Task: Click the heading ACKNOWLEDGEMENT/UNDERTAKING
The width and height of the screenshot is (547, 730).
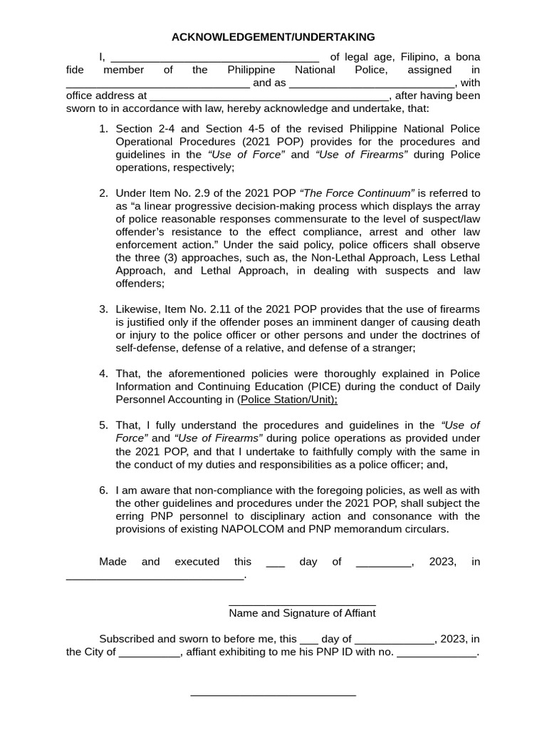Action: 273,37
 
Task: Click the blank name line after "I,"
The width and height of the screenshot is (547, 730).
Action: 215,58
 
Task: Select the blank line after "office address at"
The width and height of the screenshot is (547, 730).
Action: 269,97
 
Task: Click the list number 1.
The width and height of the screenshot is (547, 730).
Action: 103,128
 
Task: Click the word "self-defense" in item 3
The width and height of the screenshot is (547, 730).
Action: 145,348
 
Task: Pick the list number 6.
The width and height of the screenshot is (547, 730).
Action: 103,490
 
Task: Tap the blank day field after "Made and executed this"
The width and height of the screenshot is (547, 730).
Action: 275,563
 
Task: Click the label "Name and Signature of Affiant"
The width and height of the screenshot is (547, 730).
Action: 302,613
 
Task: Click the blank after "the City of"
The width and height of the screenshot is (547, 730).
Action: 150,654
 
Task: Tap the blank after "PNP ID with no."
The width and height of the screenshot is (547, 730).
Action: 436,654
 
